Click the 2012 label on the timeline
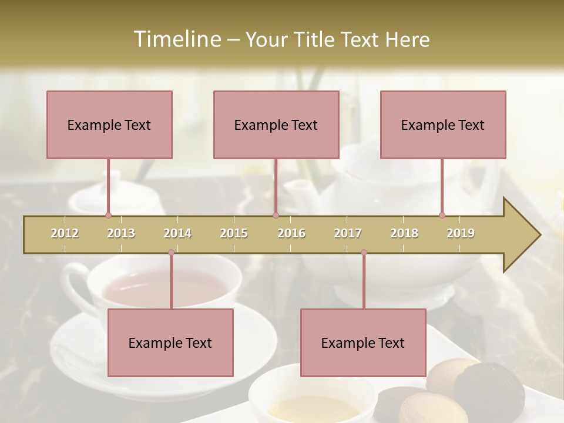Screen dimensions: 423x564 pos(65,233)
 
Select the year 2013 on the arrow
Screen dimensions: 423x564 pos(121,233)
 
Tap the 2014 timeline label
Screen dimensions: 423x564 pos(177,233)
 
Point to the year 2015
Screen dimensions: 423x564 pos(234,233)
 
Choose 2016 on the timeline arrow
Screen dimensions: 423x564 pos(291,233)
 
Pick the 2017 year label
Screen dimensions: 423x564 pos(348,233)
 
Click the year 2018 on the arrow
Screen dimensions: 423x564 pos(404,233)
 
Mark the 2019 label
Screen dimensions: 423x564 pos(461,233)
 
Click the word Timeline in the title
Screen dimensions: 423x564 pos(177,39)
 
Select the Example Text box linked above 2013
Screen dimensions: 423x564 pos(109,125)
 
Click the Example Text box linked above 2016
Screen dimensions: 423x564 pos(276,125)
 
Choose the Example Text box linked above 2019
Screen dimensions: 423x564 pos(443,125)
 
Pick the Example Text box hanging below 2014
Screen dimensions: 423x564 pos(170,343)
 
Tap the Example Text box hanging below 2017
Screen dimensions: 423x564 pos(363,343)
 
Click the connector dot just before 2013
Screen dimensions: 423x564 pos(108,216)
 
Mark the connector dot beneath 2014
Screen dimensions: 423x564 pos(171,253)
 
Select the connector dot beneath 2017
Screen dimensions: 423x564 pos(364,253)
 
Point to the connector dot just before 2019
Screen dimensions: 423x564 pos(442,216)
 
